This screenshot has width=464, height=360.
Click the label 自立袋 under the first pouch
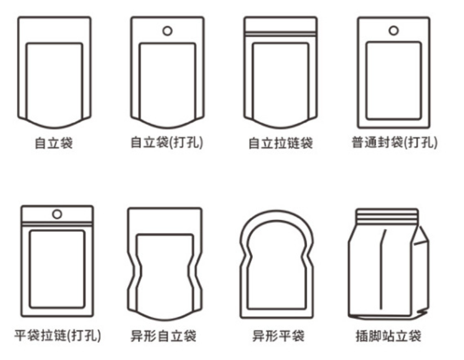[54, 143]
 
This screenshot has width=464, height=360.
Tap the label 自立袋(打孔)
[167, 142]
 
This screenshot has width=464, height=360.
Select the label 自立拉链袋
[280, 143]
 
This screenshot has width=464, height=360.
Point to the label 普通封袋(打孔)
[394, 142]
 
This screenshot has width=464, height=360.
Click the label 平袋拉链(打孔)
[58, 335]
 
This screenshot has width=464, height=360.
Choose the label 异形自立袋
[163, 336]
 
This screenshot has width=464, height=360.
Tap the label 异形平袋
[278, 336]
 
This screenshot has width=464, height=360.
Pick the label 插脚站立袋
[388, 336]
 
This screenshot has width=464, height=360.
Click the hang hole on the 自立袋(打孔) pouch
[167, 31]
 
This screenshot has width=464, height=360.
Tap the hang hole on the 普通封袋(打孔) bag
[394, 30]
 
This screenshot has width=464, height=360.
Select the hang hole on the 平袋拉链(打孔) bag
[57, 214]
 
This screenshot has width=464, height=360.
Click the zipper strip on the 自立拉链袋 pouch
[280, 33]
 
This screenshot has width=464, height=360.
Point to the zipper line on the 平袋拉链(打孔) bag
[57, 224]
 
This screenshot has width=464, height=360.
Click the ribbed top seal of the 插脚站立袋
[387, 216]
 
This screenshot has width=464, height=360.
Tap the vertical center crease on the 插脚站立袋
[382, 269]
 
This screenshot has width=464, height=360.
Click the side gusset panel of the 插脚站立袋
[421, 272]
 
